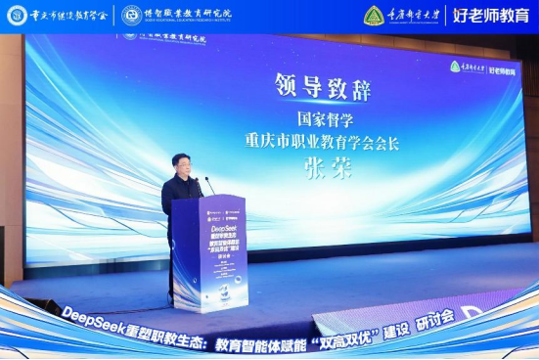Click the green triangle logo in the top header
pos(374,16)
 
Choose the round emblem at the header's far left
pos(17,15)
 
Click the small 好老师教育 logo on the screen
pos(508,67)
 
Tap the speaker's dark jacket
pos(178,196)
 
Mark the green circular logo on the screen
pos(456,67)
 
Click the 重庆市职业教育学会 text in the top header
pos(68,15)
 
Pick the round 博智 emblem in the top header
pos(131,15)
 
